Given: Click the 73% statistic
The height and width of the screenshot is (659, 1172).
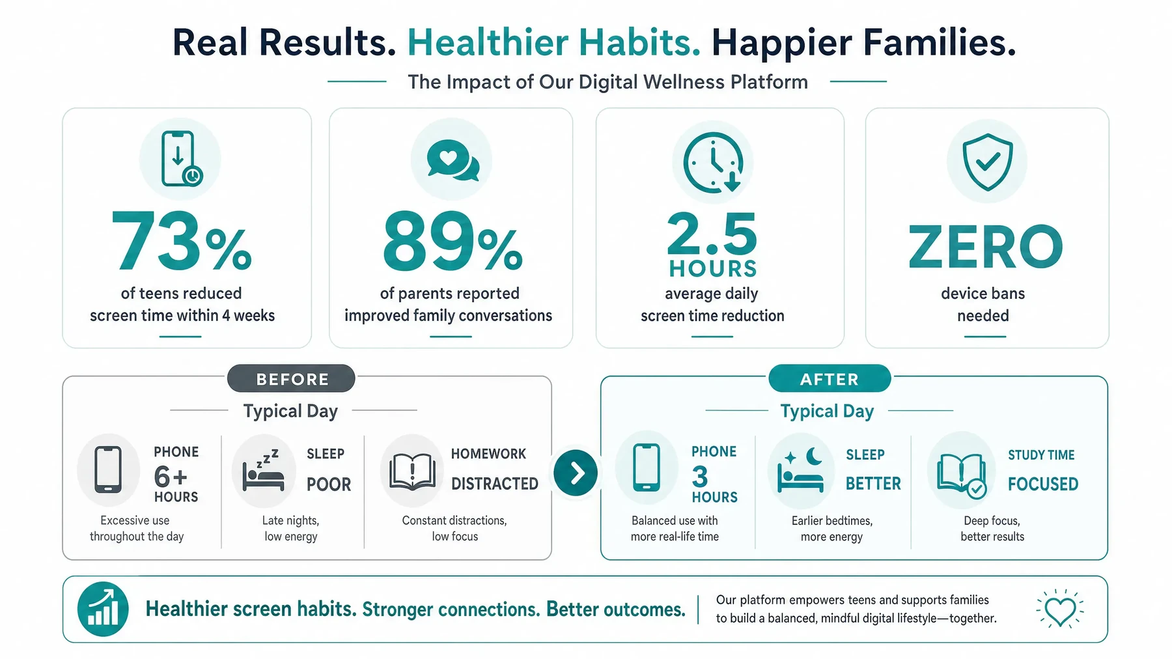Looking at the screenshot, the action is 182,241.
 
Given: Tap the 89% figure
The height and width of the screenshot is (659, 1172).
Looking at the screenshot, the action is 453,241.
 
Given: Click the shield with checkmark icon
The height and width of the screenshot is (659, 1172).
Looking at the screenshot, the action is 987,162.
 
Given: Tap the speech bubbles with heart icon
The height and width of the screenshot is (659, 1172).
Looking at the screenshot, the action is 453,160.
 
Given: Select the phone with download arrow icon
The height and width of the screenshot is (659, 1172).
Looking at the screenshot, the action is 181,159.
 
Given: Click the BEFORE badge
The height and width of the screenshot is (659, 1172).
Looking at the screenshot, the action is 291,378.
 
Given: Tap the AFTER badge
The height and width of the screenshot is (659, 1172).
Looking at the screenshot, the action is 830,378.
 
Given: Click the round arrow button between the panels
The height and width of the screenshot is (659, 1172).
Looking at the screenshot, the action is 576,473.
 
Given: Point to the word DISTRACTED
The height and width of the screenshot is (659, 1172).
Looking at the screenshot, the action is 495,484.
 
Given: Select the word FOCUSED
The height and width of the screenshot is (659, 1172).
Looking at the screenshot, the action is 1043,484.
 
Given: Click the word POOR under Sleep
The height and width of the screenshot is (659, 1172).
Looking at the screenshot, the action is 329,484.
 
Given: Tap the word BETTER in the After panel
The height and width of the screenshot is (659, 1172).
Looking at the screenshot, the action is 873,484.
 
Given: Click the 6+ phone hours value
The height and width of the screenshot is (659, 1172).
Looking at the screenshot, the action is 171,477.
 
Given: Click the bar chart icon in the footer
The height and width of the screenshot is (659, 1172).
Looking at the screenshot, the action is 103,609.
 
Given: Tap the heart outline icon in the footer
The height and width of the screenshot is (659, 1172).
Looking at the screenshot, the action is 1060,609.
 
